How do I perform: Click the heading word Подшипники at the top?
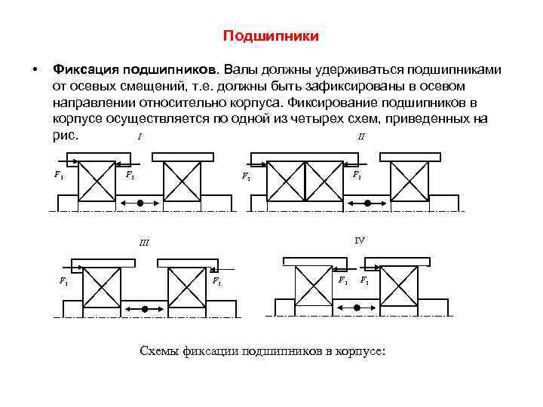(x=271, y=36)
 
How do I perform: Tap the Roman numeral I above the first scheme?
(x=140, y=137)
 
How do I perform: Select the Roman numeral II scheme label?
(x=361, y=137)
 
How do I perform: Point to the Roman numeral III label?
(x=143, y=243)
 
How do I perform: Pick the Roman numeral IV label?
(x=360, y=240)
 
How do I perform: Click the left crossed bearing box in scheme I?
(x=96, y=181)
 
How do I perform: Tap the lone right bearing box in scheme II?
(x=408, y=182)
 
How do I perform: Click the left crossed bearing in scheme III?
(x=101, y=287)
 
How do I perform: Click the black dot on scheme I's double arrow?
(x=140, y=203)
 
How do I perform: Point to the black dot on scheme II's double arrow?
(x=367, y=203)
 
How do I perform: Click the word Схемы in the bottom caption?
(x=160, y=350)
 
